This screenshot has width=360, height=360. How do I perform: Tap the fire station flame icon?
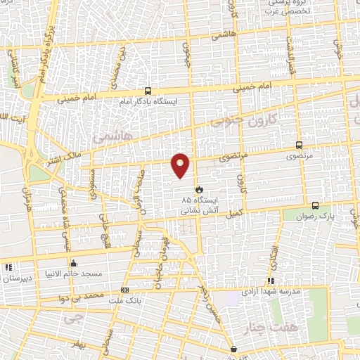pyautogui.click(x=199, y=189)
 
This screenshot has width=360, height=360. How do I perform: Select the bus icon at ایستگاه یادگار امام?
pyautogui.click(x=148, y=91)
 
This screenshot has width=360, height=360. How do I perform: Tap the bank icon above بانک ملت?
pyautogui.click(x=125, y=290)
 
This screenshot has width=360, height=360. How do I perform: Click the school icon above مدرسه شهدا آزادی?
pyautogui.click(x=271, y=281)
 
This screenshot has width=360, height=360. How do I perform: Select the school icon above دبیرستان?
pyautogui.click(x=8, y=268)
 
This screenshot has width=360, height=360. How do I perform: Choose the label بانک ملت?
pyautogui.click(x=120, y=299)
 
